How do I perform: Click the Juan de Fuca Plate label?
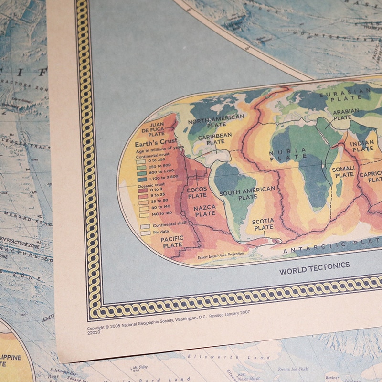[x=153, y=128]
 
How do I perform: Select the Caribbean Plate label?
[x=215, y=138]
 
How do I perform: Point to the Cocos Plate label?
[x=197, y=192]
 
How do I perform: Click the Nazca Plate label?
[x=205, y=211]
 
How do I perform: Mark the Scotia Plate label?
[x=263, y=224]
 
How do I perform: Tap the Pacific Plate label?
[x=172, y=242]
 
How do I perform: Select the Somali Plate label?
[x=344, y=171]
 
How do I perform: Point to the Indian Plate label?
[x=362, y=146]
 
